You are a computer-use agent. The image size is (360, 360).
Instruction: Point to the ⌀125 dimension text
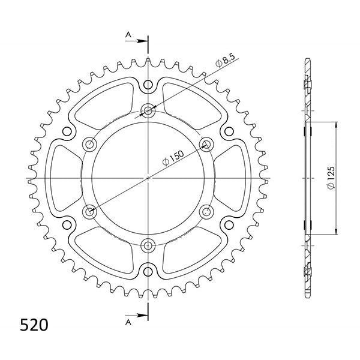332,178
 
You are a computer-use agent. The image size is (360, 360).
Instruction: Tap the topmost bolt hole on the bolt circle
148,110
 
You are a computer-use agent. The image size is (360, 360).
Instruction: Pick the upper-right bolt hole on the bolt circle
207,143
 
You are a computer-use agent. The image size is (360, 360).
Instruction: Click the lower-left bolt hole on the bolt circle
90,211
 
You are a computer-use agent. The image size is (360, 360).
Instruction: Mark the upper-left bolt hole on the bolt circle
90,143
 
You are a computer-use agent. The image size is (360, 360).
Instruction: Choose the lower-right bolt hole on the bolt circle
207,211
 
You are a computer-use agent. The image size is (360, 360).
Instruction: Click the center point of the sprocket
148,178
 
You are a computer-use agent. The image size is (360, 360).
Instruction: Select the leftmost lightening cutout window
64,178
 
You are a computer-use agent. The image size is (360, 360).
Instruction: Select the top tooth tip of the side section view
308,60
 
